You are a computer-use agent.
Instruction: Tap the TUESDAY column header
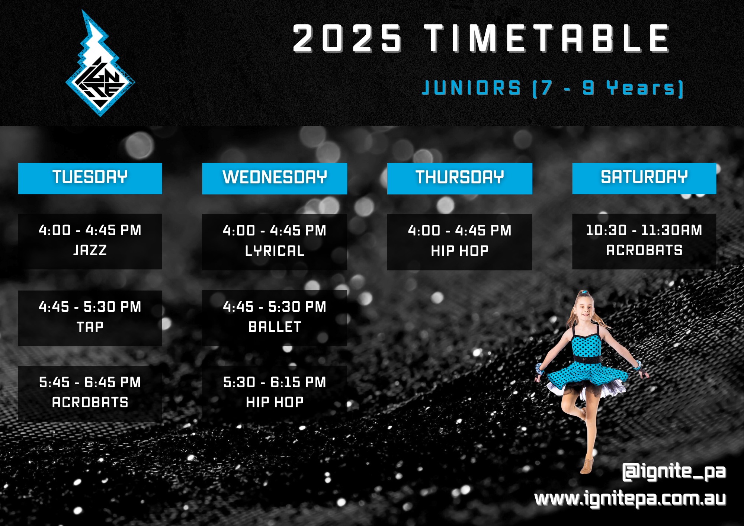(90, 178)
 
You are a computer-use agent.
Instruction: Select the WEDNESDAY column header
(275, 178)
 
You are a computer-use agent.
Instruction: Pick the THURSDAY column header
(459, 178)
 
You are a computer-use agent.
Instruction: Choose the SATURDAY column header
(644, 178)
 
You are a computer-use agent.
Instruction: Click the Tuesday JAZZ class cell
(90, 241)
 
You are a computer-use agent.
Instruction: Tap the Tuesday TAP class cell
(90, 318)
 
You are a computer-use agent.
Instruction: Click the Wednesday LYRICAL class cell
(275, 241)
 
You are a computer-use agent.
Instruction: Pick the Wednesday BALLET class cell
(275, 318)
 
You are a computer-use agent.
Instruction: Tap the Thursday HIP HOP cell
(459, 241)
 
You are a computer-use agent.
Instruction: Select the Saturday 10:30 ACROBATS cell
(644, 241)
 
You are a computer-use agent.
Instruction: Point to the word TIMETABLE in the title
(547, 39)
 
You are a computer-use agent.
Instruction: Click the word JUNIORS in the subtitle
(471, 89)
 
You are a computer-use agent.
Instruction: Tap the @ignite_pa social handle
(674, 472)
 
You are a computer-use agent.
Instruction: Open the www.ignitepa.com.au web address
(630, 499)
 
